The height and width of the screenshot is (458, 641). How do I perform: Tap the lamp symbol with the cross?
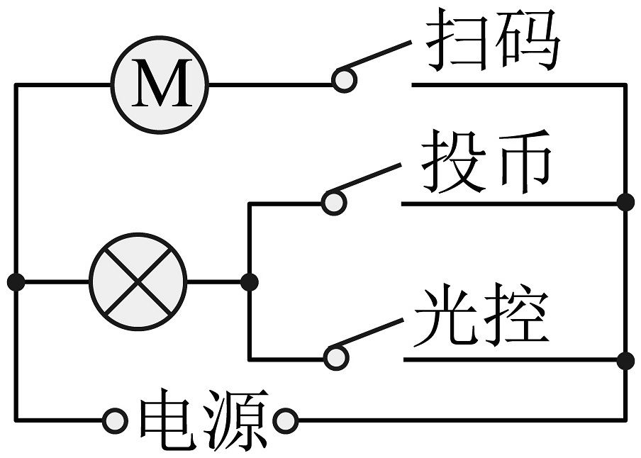138,281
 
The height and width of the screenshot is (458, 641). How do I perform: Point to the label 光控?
482,315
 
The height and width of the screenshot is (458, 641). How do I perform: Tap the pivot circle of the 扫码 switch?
345,80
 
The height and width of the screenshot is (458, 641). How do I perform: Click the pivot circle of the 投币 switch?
333,202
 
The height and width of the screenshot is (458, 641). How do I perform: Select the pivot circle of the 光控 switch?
336,357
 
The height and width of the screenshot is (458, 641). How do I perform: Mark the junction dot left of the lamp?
16,281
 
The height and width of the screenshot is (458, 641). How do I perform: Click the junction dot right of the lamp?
249,281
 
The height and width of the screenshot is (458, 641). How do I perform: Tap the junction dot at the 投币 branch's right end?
625,203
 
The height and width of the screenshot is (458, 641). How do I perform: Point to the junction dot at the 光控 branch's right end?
625,360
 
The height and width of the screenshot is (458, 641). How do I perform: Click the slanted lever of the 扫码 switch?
379,56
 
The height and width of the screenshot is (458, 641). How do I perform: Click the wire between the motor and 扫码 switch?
269,85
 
